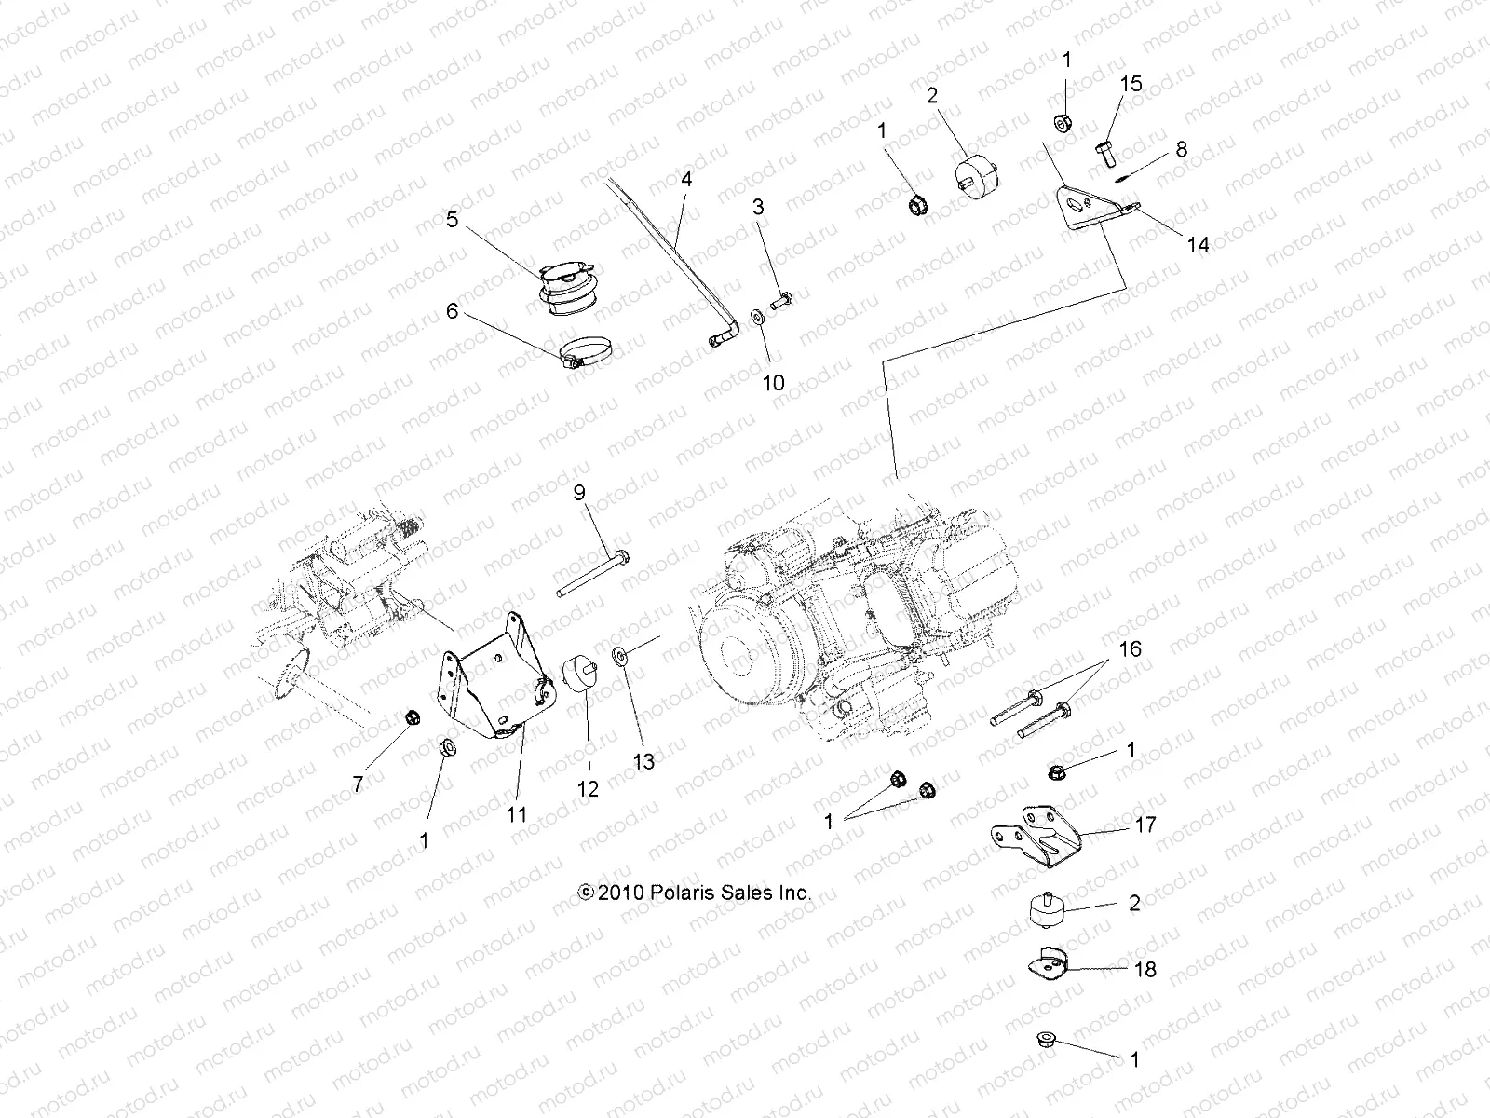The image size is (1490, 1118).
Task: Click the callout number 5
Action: [x=453, y=221]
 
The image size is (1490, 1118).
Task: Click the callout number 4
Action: [x=686, y=180]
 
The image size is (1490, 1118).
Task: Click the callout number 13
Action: [x=643, y=762]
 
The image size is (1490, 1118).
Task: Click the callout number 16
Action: [x=1129, y=648]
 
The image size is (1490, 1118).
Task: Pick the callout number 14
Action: [x=1198, y=245]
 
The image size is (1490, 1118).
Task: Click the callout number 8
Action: [x=1182, y=149]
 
